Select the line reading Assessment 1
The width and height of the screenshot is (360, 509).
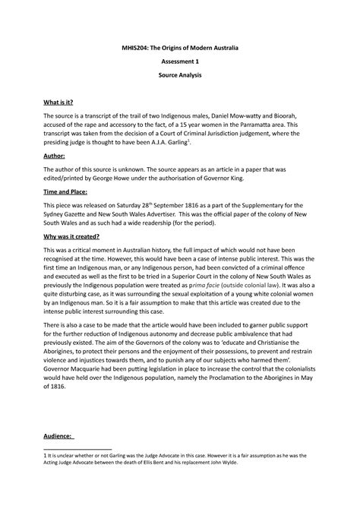click(180, 62)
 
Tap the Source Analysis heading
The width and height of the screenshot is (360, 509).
click(180, 76)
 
